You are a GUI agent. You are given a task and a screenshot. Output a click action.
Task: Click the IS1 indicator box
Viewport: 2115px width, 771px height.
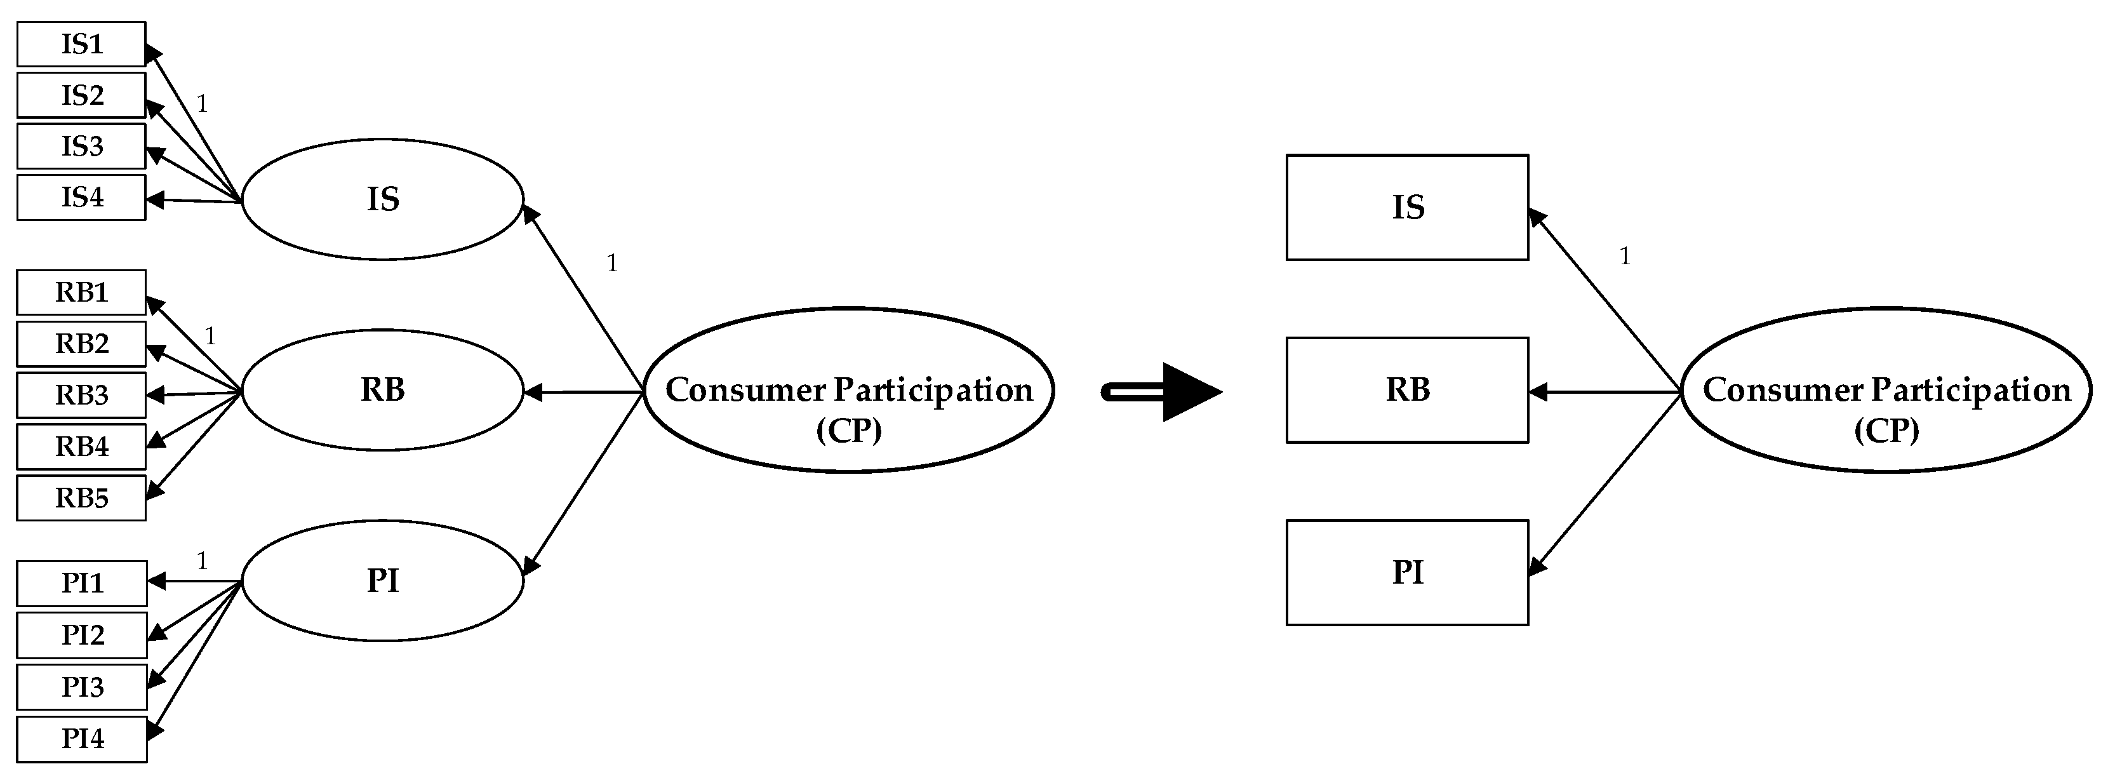pyautogui.click(x=81, y=44)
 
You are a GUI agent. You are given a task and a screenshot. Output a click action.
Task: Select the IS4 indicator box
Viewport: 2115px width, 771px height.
pyautogui.click(x=81, y=197)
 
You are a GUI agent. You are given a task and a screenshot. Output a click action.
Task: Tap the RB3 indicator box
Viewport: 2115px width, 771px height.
pyautogui.click(x=81, y=395)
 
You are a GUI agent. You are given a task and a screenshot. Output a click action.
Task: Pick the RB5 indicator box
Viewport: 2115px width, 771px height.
pyautogui.click(x=81, y=497)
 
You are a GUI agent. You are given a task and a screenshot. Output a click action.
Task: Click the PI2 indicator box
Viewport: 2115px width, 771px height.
pyautogui.click(x=82, y=634)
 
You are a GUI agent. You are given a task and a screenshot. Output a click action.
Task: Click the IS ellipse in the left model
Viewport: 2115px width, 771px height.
pyautogui.click(x=383, y=199)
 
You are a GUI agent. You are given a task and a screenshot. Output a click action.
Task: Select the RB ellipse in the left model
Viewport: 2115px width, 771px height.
pyautogui.click(x=383, y=390)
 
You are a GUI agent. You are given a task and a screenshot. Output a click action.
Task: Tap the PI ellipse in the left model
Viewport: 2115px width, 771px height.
pyautogui.click(x=383, y=580)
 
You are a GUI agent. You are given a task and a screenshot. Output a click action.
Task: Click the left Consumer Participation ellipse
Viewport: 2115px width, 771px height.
pyautogui.click(x=849, y=391)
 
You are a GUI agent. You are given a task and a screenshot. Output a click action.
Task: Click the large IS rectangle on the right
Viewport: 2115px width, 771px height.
pyautogui.click(x=1407, y=207)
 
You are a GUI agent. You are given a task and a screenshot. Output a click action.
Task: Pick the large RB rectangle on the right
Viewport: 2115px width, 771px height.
pyautogui.click(x=1407, y=390)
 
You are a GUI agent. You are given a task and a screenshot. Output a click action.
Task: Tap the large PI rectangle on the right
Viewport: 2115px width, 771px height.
pyautogui.click(x=1407, y=572)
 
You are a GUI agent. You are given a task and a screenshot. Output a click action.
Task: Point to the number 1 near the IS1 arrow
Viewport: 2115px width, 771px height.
pyautogui.click(x=202, y=104)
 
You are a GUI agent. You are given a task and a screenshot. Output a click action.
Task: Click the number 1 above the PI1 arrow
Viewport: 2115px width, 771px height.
pyautogui.click(x=202, y=561)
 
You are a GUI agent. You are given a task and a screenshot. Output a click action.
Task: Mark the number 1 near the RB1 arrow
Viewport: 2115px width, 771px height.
pyautogui.click(x=210, y=336)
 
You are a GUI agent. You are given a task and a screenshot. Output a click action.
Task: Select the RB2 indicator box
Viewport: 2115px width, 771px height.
pyautogui.click(x=81, y=343)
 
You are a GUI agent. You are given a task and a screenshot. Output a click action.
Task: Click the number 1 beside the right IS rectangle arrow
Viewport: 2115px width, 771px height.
pyautogui.click(x=1624, y=256)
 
